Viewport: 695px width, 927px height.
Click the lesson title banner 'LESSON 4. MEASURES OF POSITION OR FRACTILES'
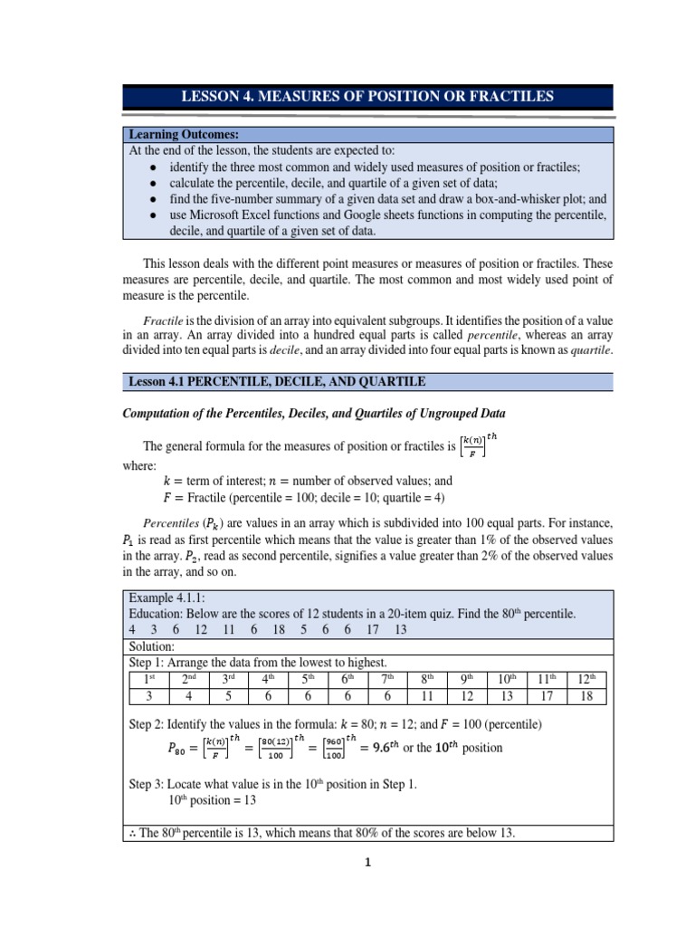(367, 97)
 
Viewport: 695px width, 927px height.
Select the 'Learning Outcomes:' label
(183, 134)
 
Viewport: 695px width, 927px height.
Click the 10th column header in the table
(507, 679)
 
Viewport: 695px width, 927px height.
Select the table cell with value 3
(148, 696)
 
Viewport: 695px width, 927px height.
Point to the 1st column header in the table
(148, 679)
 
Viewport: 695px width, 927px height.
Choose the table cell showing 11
(428, 696)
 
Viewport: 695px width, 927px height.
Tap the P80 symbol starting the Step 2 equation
(180, 749)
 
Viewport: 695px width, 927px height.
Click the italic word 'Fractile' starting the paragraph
(163, 320)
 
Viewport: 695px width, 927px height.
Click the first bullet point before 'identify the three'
(155, 167)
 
